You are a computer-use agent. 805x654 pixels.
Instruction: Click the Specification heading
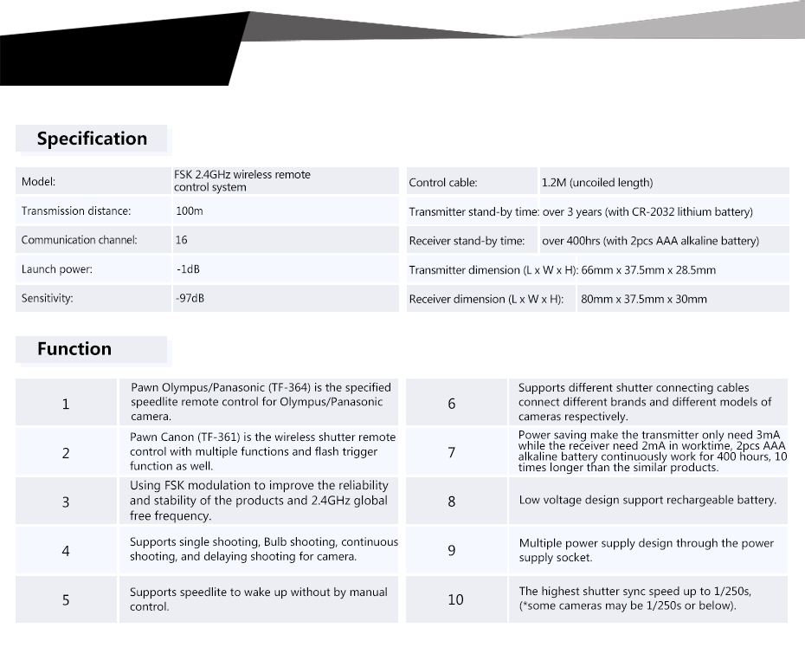coord(92,139)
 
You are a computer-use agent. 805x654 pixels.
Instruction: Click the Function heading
coord(74,349)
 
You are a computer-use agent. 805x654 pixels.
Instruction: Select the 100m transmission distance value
coord(189,211)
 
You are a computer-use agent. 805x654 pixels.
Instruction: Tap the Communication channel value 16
coord(181,240)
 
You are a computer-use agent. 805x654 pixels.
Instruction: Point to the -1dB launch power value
coord(188,269)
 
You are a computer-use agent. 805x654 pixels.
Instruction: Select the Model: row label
coord(38,182)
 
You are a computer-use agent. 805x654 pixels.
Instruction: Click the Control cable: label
coord(442,183)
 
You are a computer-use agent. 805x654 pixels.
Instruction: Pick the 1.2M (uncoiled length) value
coord(597,183)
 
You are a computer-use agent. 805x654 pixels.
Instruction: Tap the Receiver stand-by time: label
coord(467,241)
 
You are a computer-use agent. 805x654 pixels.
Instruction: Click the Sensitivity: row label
coord(47,299)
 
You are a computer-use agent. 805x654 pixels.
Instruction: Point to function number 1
coord(66,404)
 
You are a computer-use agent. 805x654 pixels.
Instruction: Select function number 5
coord(66,599)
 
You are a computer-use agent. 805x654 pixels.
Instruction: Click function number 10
coord(455,599)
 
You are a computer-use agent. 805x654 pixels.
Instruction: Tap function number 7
coord(452,452)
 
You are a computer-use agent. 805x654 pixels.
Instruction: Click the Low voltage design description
coord(647,501)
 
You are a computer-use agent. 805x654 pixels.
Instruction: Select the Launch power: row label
coord(56,269)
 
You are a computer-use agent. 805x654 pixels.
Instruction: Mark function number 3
coord(66,502)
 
